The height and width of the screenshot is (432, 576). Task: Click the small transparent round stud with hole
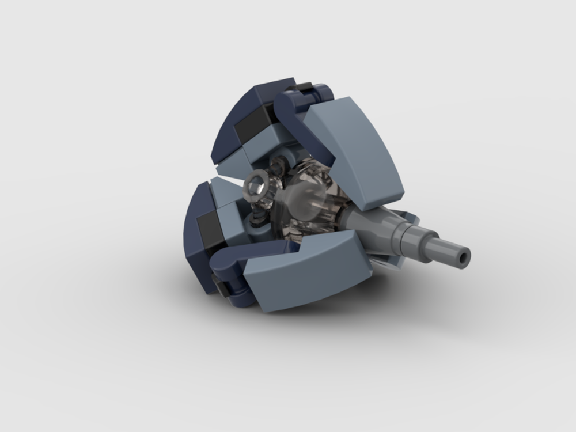(x=255, y=187)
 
